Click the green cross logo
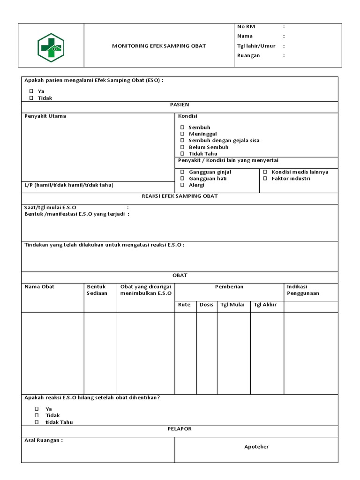[x=51, y=46]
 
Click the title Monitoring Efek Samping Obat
[x=158, y=46]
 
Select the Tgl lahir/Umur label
[x=256, y=46]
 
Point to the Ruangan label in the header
[x=248, y=56]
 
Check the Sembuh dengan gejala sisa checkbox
[x=182, y=141]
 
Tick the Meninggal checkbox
[x=182, y=134]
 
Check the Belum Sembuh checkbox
[x=182, y=147]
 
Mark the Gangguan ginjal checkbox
[x=182, y=172]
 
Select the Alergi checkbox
[x=182, y=185]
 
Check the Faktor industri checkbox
[x=265, y=179]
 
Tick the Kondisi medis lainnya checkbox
[x=265, y=172]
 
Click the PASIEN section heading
[x=180, y=105]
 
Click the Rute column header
[x=184, y=305]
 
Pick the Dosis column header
[x=206, y=305]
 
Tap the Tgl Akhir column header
[x=265, y=305]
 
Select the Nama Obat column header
[x=39, y=287]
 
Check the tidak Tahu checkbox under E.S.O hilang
[x=37, y=422]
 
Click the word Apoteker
[x=256, y=447]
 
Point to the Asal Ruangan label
[x=43, y=441]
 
